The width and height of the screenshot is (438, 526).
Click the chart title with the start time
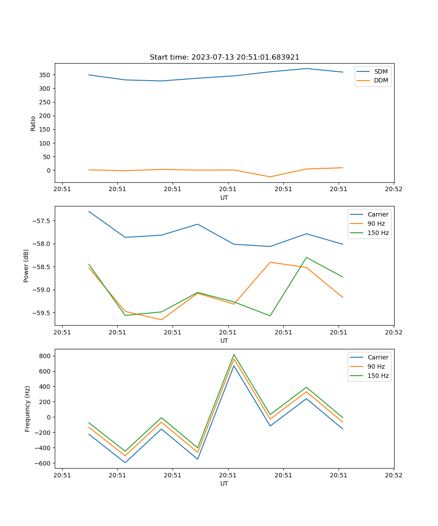(x=224, y=57)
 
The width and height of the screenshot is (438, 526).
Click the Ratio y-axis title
(x=33, y=123)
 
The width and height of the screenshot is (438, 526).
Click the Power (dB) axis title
(x=26, y=266)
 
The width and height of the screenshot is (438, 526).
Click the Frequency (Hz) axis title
(x=28, y=409)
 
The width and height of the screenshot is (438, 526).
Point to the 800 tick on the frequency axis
(x=46, y=356)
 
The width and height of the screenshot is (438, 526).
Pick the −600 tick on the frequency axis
(x=44, y=463)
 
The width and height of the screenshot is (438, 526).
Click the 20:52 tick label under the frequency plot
(x=393, y=475)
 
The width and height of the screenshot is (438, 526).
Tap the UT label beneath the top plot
(x=224, y=198)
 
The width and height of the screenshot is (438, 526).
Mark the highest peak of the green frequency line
(x=234, y=354)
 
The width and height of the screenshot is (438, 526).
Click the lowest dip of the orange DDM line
(x=270, y=177)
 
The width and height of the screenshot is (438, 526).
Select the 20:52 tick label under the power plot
(x=393, y=332)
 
